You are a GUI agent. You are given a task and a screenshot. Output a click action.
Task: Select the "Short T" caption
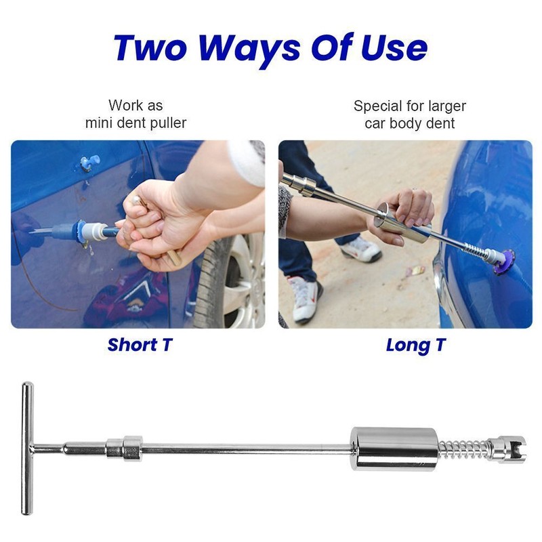[x=140, y=344]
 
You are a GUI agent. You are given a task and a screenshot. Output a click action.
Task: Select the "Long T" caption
[x=416, y=344]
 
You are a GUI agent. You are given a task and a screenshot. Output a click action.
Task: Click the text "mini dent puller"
[x=135, y=123]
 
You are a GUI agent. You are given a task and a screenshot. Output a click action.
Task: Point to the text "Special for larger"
[x=410, y=106]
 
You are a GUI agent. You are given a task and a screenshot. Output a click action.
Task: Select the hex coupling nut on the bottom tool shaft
[x=123, y=447]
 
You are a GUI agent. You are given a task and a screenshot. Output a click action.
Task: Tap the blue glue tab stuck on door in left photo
[x=89, y=163]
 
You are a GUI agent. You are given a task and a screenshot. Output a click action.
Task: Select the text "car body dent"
[x=410, y=123]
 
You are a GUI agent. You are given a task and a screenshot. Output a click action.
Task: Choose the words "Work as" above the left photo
[x=135, y=106]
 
